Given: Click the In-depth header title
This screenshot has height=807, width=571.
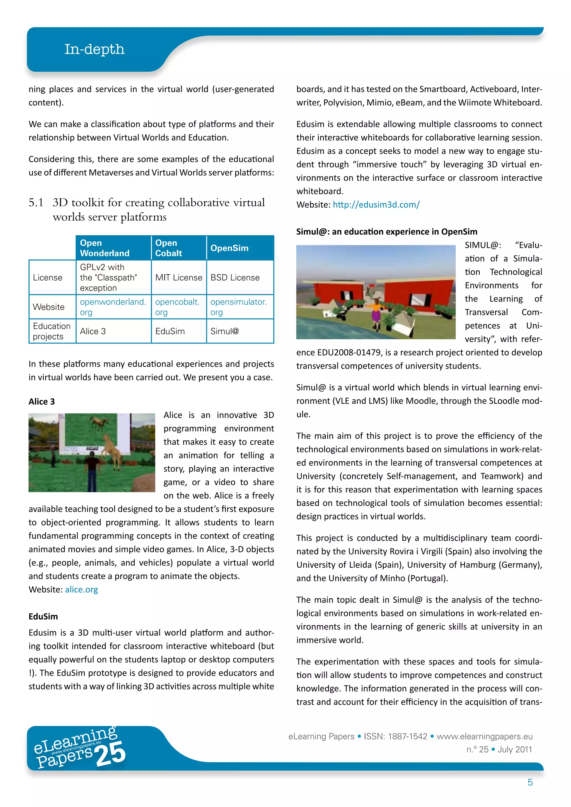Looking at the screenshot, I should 94,49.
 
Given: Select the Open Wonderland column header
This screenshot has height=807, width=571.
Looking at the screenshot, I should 105,248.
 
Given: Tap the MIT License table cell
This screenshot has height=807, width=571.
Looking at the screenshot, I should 179,277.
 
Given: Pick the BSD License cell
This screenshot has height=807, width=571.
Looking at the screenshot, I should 235,277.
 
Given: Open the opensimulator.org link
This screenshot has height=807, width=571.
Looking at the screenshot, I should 238,307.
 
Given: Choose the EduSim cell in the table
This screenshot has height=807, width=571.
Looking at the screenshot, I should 170,331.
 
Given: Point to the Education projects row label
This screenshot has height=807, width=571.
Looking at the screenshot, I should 51,331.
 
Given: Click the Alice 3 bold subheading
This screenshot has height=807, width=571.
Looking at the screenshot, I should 42,401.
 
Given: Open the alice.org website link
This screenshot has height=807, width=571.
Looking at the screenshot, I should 81,589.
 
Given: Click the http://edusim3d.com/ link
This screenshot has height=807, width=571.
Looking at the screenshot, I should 376,205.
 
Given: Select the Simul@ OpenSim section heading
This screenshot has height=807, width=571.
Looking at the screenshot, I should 386,232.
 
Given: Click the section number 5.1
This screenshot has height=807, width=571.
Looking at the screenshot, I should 36,203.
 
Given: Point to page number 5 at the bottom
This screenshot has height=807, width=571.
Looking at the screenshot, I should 530,782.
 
